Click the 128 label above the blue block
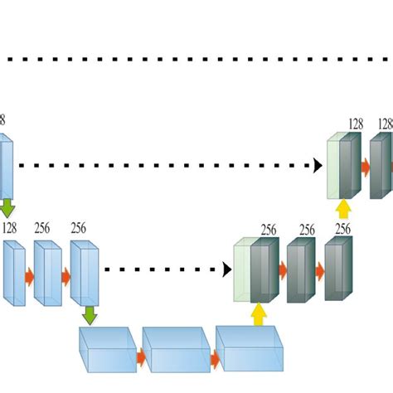tap(10, 227)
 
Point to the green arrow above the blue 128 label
tap(7, 206)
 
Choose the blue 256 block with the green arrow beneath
tap(85, 271)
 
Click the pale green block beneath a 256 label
tap(242, 271)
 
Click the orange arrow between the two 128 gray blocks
tap(365, 167)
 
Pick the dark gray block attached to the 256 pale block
tap(264, 271)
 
